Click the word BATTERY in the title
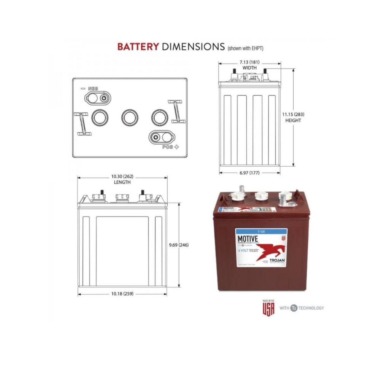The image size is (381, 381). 138,46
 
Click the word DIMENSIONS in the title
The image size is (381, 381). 193,46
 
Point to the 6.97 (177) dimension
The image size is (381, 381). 249,173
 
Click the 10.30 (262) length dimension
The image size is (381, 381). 122,176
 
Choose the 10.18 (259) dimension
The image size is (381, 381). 122,294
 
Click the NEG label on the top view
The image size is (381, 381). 93,88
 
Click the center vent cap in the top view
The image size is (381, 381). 130,117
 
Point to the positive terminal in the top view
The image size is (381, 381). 156,137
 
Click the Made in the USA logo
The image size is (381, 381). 268,307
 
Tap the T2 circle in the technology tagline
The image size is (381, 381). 294,308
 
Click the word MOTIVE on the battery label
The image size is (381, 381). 248,238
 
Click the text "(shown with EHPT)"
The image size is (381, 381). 245,48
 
